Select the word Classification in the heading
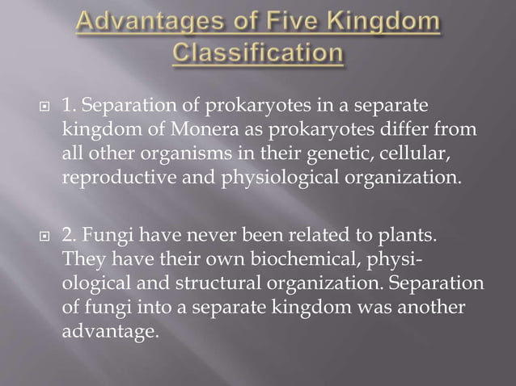click(258, 55)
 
